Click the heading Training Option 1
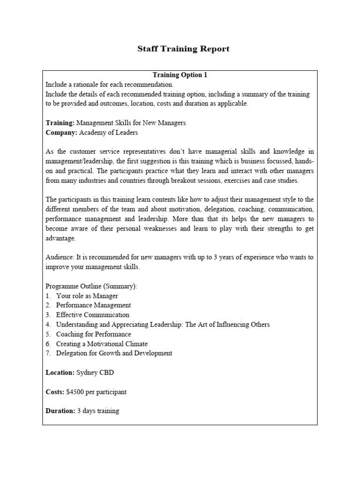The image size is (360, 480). pyautogui.click(x=180, y=75)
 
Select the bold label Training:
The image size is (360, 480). pyautogui.click(x=60, y=123)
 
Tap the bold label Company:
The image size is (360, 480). pyautogui.click(x=61, y=133)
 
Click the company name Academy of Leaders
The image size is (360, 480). pyautogui.click(x=109, y=133)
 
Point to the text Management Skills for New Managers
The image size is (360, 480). pyautogui.click(x=131, y=123)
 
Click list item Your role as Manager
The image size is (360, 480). pyautogui.click(x=87, y=296)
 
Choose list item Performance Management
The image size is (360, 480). pyautogui.click(x=93, y=305)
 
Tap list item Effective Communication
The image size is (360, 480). pyautogui.click(x=92, y=315)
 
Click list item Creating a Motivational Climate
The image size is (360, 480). pyautogui.click(x=102, y=344)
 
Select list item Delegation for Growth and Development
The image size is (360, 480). pyautogui.click(x=114, y=353)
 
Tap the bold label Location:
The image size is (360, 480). pyautogui.click(x=60, y=373)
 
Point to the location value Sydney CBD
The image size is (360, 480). pyautogui.click(x=95, y=373)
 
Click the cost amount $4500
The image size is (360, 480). pyautogui.click(x=77, y=392)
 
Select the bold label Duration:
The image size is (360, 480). pyautogui.click(x=60, y=411)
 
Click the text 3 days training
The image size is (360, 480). pyautogui.click(x=98, y=411)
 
